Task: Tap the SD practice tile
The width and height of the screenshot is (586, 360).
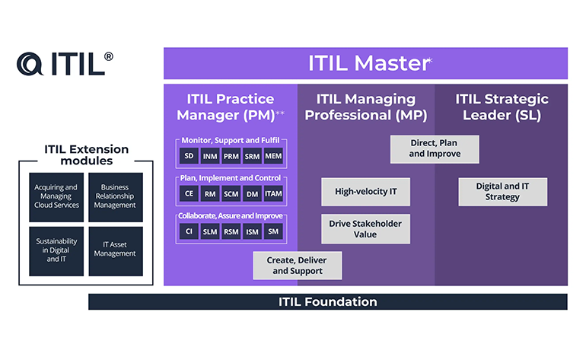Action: (x=189, y=156)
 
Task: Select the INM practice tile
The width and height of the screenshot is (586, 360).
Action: (x=210, y=156)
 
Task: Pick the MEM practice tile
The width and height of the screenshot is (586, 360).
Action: (x=273, y=156)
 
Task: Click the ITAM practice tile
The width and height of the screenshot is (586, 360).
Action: (x=273, y=193)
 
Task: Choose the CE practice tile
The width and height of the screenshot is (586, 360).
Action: (x=189, y=193)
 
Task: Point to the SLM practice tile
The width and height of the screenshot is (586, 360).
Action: (x=210, y=231)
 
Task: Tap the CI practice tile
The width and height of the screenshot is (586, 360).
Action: (x=189, y=231)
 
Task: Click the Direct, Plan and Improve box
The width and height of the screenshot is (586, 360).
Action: (x=435, y=149)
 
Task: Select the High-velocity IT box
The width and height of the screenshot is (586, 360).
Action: (x=365, y=191)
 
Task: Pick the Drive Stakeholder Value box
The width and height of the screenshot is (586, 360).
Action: (x=365, y=229)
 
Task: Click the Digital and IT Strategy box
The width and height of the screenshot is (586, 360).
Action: (x=502, y=191)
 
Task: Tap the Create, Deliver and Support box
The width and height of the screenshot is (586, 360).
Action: (x=297, y=266)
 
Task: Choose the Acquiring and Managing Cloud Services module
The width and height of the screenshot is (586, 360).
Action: (x=56, y=197)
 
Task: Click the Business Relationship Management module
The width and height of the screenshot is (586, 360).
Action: (x=116, y=197)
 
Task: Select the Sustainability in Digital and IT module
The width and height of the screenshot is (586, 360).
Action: (x=56, y=251)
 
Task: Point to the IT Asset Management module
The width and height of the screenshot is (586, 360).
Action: (x=116, y=251)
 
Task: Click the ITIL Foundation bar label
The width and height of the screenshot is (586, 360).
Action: (x=328, y=301)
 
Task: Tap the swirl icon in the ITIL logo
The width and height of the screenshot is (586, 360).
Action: (x=30, y=64)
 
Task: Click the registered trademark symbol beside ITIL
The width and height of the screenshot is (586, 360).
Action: (x=108, y=56)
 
